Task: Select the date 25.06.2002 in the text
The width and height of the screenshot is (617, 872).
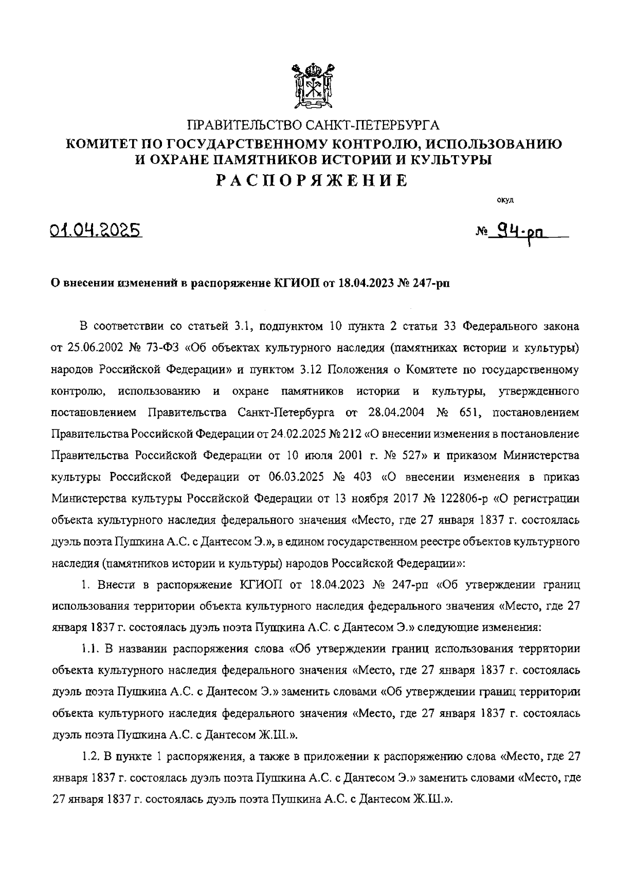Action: [x=92, y=347]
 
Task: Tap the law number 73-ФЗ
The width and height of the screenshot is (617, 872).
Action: [x=160, y=347]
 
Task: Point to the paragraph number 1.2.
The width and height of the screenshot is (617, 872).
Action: [x=91, y=756]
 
